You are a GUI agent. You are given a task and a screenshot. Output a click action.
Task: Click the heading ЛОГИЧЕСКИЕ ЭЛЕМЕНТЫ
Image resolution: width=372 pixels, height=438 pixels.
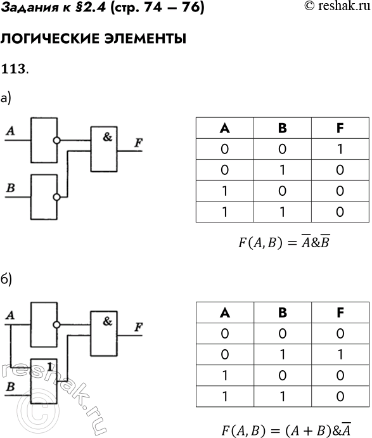click(93, 39)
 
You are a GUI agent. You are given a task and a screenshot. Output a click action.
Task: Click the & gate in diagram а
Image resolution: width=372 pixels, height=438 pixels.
click(108, 149)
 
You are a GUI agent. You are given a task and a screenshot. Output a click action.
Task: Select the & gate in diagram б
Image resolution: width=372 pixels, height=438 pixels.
click(108, 333)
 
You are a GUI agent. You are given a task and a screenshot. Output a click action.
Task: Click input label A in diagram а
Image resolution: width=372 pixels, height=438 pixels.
click(10, 131)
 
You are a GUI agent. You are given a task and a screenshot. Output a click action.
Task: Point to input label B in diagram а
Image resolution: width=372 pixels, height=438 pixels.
click(10, 188)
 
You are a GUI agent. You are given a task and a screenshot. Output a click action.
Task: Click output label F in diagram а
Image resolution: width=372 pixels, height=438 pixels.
click(138, 142)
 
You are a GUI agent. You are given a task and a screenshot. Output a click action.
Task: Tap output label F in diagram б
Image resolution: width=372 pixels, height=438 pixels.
click(138, 326)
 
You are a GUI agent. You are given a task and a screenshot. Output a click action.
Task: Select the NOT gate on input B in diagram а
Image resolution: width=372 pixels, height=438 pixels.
click(44, 196)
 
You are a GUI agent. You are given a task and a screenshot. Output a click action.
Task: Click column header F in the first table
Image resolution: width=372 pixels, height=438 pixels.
click(340, 128)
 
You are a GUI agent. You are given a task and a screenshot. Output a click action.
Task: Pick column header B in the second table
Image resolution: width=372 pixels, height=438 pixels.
click(282, 312)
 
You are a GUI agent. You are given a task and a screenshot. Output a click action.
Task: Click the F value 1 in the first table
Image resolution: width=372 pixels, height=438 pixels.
click(340, 149)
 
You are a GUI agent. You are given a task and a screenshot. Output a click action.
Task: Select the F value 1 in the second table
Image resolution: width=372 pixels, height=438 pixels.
click(340, 353)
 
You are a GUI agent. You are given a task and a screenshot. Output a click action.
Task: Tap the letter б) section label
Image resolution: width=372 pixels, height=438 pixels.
click(6, 279)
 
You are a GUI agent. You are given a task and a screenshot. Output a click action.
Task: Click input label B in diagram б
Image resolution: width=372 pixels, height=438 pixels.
click(10, 385)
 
